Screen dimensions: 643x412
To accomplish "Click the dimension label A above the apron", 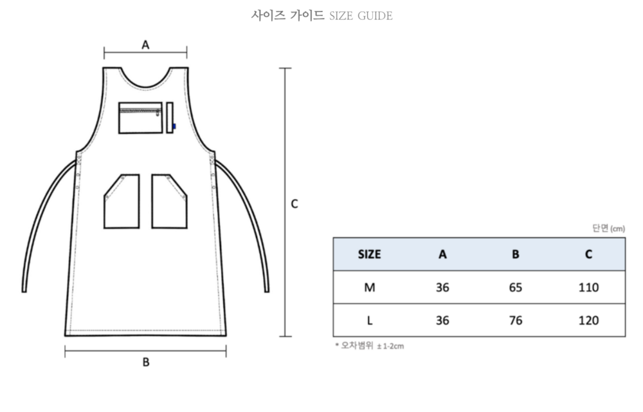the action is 145,44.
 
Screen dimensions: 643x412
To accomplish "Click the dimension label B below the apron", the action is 146,362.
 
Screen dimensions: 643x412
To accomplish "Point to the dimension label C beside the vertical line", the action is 294,204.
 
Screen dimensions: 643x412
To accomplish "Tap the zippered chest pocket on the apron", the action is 141,118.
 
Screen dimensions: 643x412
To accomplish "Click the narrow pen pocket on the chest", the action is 170,118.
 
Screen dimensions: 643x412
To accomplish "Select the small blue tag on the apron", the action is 174,126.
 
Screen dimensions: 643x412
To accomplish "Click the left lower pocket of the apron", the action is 122,201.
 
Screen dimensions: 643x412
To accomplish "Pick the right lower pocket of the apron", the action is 169,201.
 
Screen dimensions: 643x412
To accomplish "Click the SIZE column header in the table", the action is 370,254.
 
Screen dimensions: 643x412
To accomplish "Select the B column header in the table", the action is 516,254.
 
